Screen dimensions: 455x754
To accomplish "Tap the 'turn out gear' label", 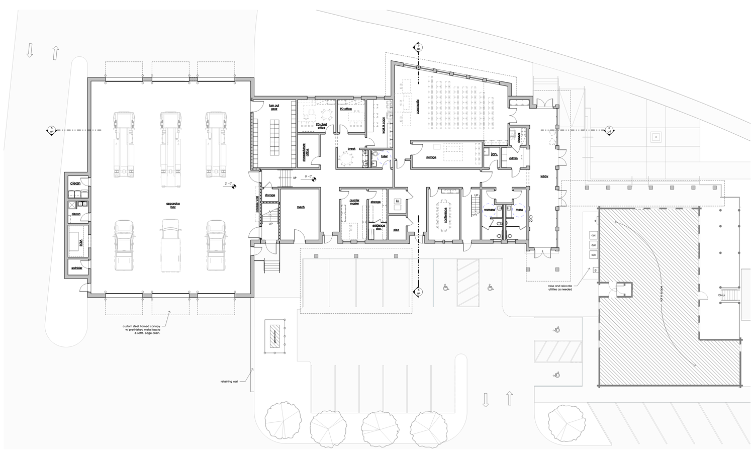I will tap(274, 107).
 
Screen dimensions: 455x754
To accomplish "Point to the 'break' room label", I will tap(352, 149).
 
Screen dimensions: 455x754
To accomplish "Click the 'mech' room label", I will tap(301, 207).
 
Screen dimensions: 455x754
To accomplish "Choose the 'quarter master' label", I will tap(354, 202).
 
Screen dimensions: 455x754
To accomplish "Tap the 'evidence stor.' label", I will tap(379, 227).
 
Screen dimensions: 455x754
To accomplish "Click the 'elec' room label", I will tap(396, 230).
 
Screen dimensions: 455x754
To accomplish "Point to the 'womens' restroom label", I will tap(489, 209).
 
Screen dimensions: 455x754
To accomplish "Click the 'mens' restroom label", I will tap(519, 209).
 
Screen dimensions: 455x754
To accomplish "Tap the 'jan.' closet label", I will tap(494, 154).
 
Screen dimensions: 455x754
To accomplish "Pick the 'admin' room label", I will tap(513, 158).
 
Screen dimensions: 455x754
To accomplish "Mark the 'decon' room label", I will tap(76, 214).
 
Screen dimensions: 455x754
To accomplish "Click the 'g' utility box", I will tap(595, 270).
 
